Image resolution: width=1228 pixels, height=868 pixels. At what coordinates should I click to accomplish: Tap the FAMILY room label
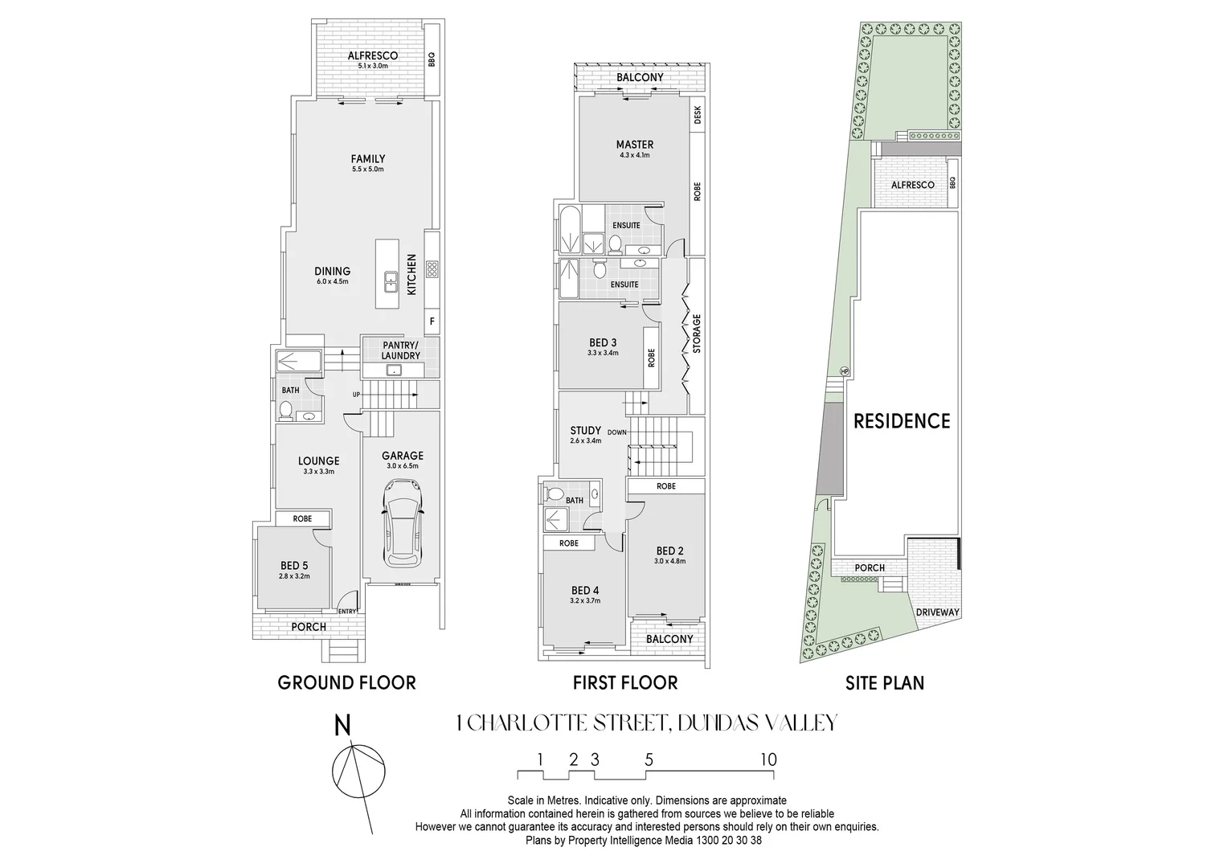coord(367,159)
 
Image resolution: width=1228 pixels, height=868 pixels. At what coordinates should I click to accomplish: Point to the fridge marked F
coord(432,321)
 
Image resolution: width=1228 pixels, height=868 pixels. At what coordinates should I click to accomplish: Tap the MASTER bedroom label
coord(634,145)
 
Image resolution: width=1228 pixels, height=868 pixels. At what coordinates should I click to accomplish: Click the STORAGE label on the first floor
coord(697,334)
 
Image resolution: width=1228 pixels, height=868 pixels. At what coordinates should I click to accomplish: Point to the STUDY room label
coord(585,430)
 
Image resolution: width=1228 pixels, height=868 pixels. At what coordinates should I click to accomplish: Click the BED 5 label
coord(294,566)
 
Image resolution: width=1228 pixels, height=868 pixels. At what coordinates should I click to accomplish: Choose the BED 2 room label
coord(669,551)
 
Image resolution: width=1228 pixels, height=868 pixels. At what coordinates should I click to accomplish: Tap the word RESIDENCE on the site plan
coord(901,421)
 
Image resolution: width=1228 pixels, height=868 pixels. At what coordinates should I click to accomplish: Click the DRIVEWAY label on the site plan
coord(937,612)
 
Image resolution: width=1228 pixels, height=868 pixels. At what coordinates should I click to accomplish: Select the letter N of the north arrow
coord(342,725)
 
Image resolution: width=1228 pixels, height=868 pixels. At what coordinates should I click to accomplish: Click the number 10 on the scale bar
coord(767,759)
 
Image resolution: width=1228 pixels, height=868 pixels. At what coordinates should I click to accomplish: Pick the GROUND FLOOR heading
coord(346,683)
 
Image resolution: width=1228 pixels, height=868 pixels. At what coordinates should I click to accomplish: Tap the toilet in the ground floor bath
coord(284,411)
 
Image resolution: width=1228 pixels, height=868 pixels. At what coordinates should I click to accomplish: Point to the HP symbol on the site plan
coord(844,371)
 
